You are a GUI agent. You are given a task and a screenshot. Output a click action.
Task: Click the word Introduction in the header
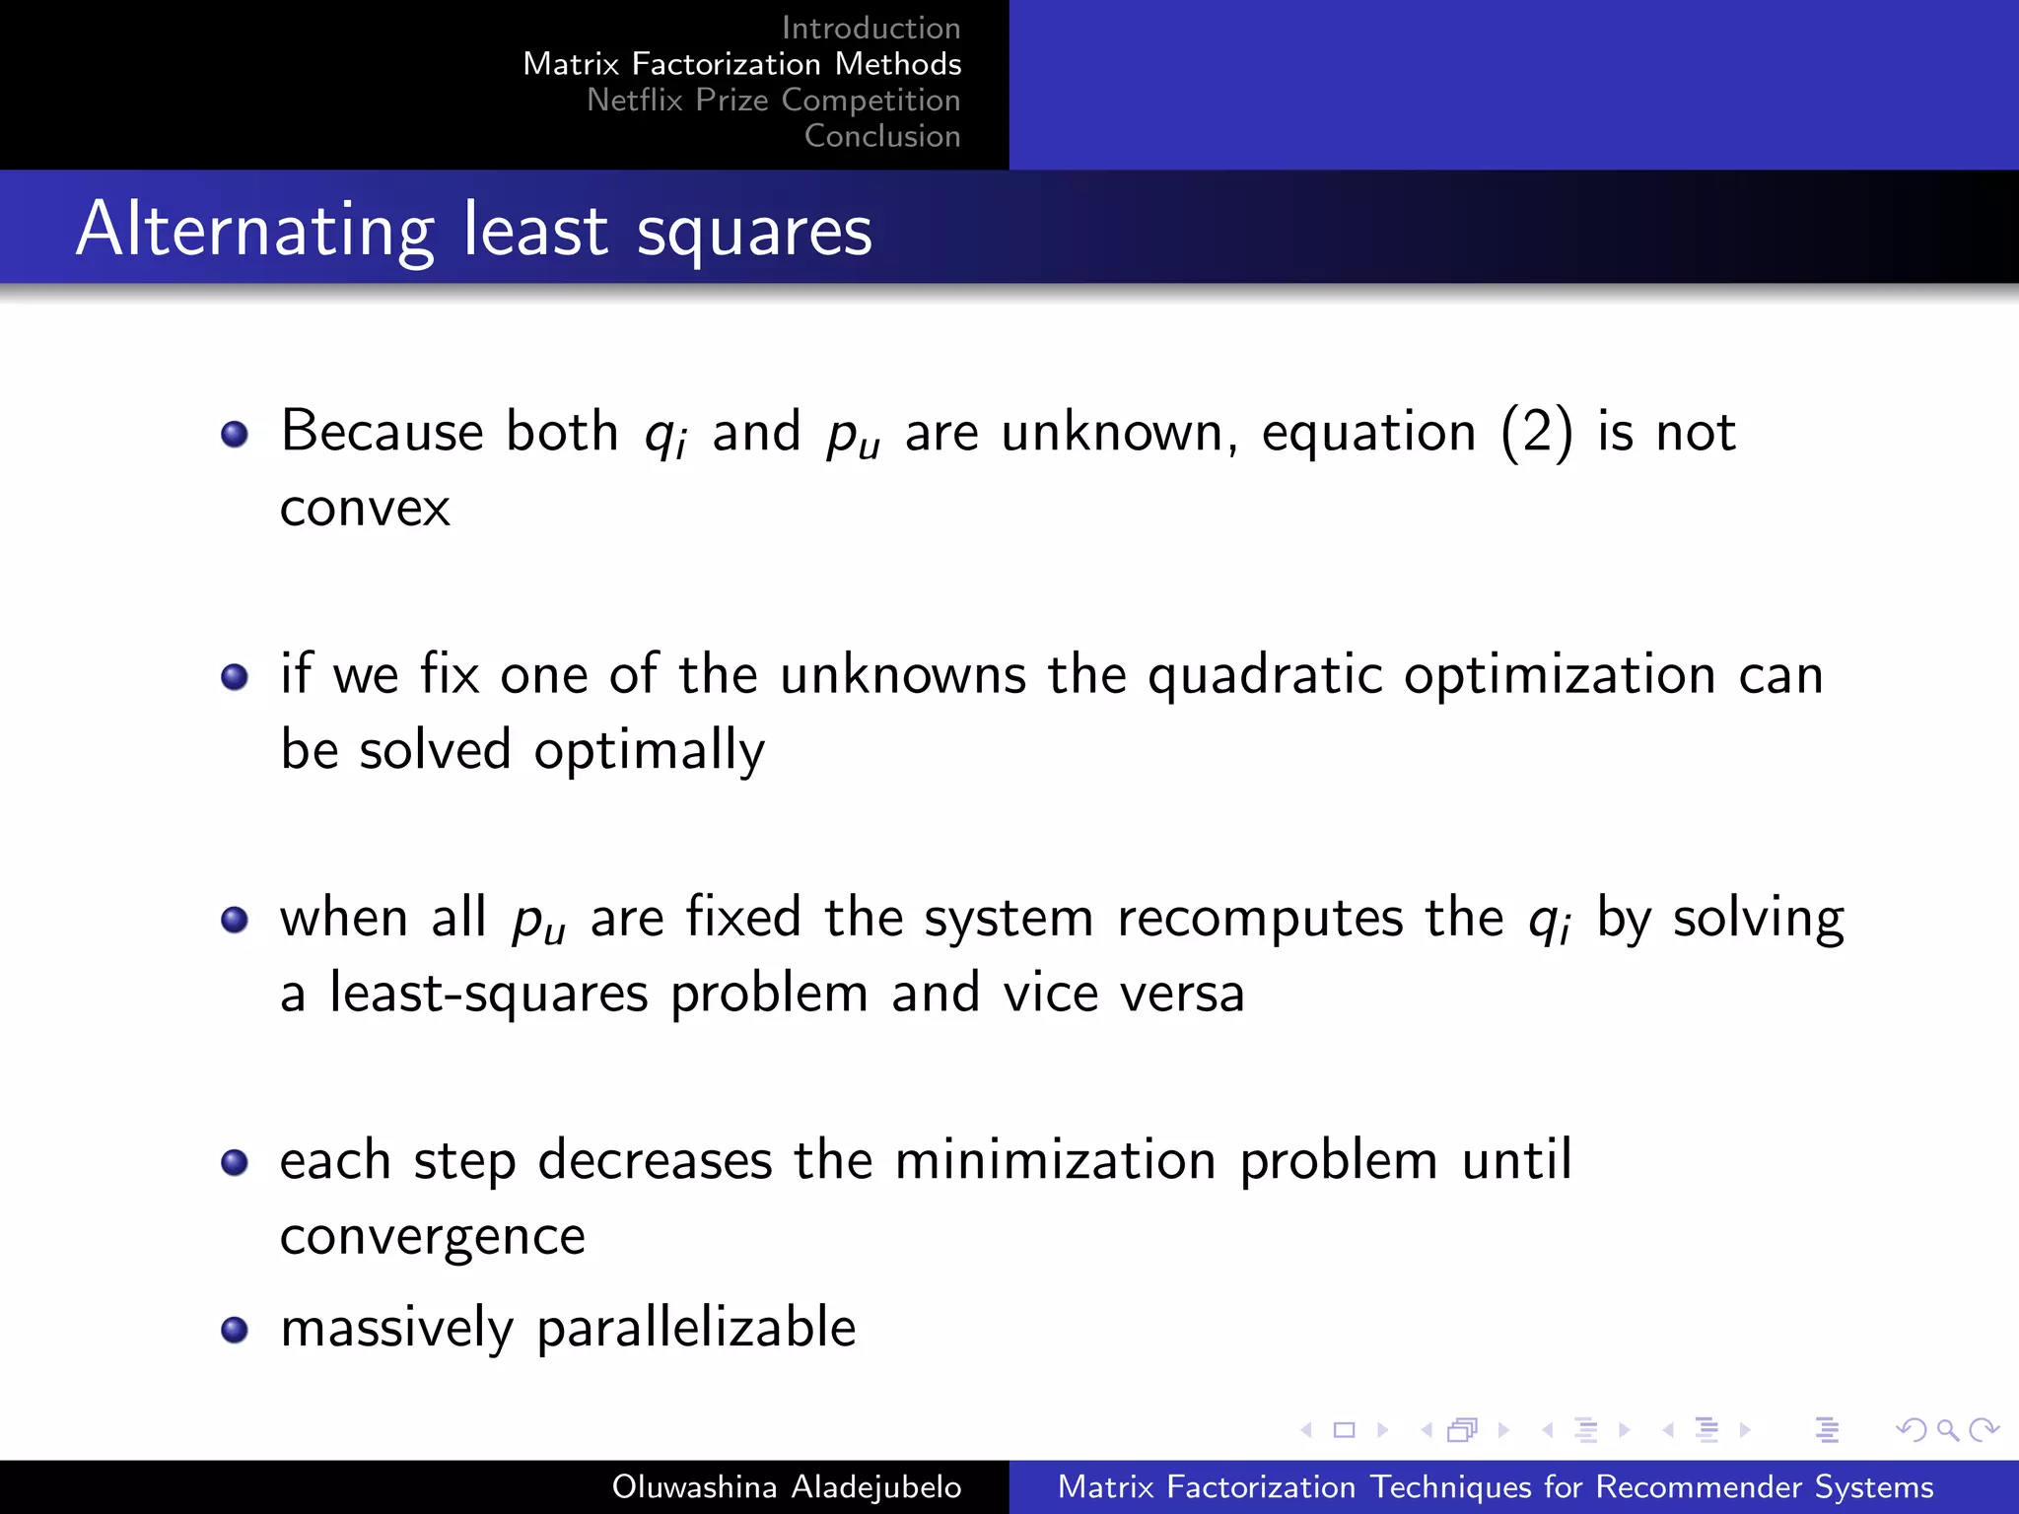click(x=870, y=28)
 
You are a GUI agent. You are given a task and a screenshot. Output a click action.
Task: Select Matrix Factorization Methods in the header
click(x=741, y=64)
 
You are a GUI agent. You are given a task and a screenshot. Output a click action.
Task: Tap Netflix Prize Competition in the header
click(x=773, y=100)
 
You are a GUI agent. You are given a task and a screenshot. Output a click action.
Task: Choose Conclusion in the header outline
click(x=882, y=136)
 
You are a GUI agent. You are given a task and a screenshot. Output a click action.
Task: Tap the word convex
click(x=365, y=509)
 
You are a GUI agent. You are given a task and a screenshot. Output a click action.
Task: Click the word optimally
click(x=650, y=751)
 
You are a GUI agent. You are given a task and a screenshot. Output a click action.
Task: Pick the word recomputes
click(x=1260, y=918)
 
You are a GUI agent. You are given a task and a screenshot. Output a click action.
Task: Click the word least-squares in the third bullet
click(x=489, y=994)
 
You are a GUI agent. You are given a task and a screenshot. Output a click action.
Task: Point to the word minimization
click(x=1055, y=1160)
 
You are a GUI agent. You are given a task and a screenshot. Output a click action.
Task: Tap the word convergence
click(x=433, y=1236)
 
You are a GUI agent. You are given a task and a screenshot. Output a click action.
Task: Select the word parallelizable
click(x=696, y=1328)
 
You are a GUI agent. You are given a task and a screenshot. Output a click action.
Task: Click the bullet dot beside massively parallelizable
click(x=235, y=1330)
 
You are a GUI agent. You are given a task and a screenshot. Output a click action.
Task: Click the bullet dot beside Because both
click(x=235, y=434)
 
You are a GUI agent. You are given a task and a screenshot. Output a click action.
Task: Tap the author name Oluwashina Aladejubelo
click(x=786, y=1486)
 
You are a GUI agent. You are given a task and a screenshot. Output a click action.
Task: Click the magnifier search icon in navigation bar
click(x=1947, y=1429)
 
